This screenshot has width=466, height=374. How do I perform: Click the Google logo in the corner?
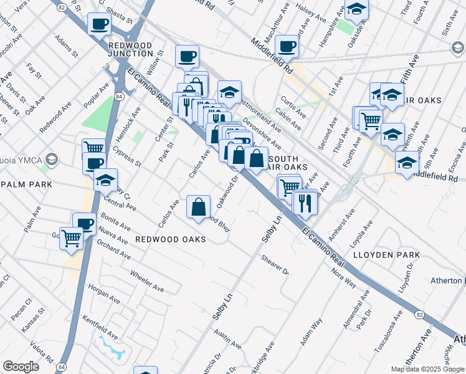tap(21, 367)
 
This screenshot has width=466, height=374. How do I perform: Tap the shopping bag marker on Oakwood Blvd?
tap(198, 206)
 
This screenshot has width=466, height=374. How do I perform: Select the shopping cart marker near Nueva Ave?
tap(72, 237)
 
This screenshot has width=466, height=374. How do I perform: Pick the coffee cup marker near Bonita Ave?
tap(84, 223)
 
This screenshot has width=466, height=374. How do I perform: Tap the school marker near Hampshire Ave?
tap(356, 9)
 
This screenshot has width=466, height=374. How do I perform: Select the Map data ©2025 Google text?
tap(427, 369)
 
